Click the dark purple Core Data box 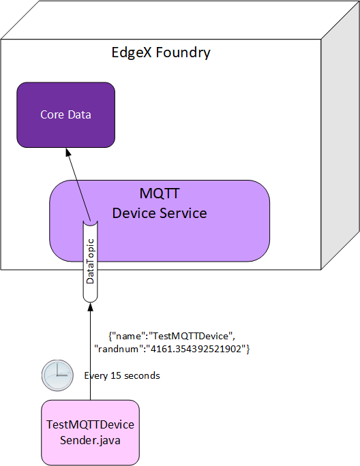point(65,114)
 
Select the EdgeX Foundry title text point(161,52)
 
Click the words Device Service point(160,213)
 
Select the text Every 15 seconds point(122,375)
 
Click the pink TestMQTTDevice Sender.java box point(90,431)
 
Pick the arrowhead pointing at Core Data point(70,151)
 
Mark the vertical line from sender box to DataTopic point(90,354)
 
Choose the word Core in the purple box point(52,114)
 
